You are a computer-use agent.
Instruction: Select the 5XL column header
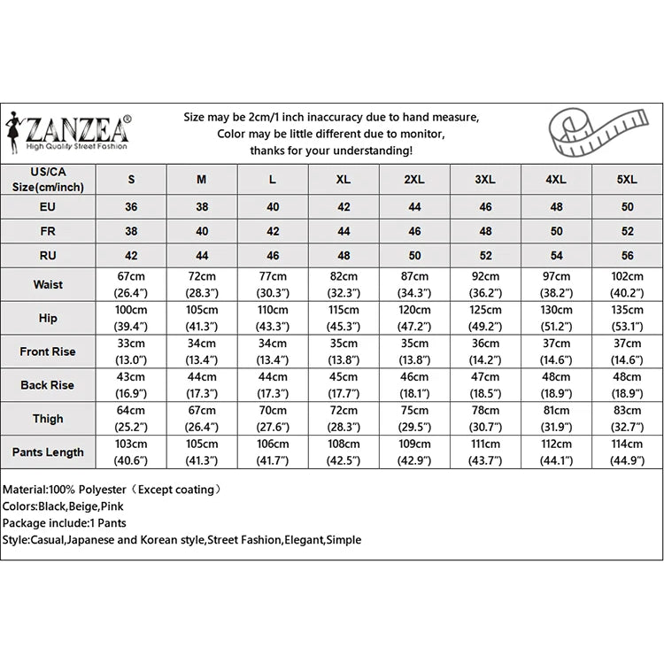click(626, 179)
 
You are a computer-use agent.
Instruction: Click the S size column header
click(131, 179)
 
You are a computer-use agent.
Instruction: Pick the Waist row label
click(48, 285)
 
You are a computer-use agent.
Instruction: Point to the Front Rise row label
click(48, 351)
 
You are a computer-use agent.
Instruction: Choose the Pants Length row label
click(48, 452)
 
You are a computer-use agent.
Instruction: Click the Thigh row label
click(48, 419)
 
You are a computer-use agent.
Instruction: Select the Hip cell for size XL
click(344, 318)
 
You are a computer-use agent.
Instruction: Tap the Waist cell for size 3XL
click(484, 285)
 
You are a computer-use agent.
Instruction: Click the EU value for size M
click(202, 206)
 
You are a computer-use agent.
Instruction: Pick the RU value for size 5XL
click(626, 255)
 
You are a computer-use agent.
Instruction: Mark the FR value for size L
click(273, 231)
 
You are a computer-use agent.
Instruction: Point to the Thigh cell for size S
click(131, 419)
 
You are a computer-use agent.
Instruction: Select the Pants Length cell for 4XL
click(555, 452)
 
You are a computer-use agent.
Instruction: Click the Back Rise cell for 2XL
click(413, 385)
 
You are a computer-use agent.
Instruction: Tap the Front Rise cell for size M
click(202, 351)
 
